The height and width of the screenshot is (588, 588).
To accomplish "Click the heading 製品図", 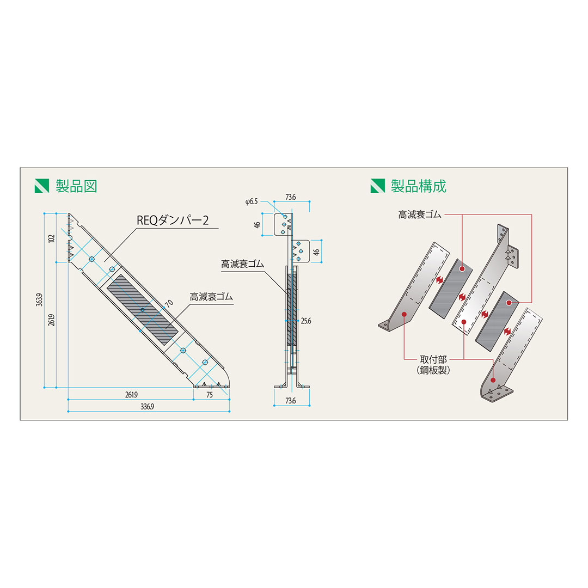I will coord(76,186).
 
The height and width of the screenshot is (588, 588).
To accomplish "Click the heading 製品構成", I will coord(419,186).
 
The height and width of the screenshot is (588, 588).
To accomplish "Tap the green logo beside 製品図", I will coord(41,186).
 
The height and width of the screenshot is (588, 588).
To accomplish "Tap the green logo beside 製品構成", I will coord(377,186).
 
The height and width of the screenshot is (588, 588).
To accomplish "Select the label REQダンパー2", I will coord(171,221).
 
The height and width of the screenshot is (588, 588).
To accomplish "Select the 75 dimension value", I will coord(210,395).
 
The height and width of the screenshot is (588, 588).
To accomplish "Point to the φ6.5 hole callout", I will coord(252,201).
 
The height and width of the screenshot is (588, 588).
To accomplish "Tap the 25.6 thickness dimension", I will coord(305,321).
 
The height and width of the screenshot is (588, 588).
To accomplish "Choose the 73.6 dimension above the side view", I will coord(290,197).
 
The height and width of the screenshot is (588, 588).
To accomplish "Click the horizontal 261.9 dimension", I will coord(131,395).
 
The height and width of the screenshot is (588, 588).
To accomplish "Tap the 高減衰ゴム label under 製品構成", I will coord(419,215).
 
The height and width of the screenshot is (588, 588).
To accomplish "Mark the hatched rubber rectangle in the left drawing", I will coord(143,310).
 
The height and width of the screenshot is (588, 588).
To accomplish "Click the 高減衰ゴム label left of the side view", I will coord(242,264).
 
